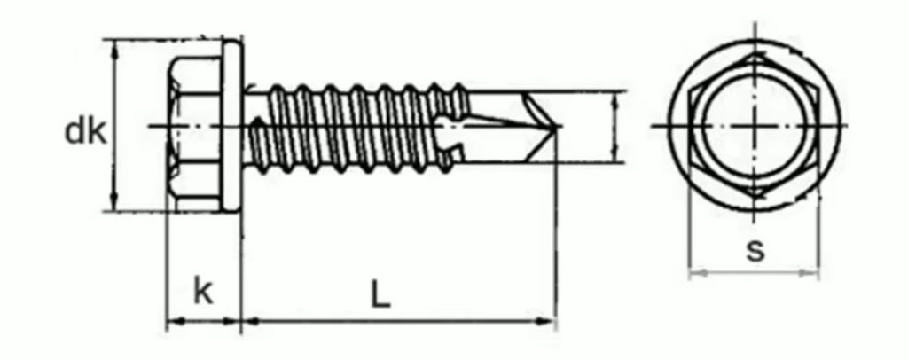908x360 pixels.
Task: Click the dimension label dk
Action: (x=85, y=132)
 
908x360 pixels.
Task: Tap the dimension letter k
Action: (x=203, y=291)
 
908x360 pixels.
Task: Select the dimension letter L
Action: (x=380, y=296)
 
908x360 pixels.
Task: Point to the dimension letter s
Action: (x=755, y=251)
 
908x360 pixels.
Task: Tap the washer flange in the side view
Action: (x=231, y=126)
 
